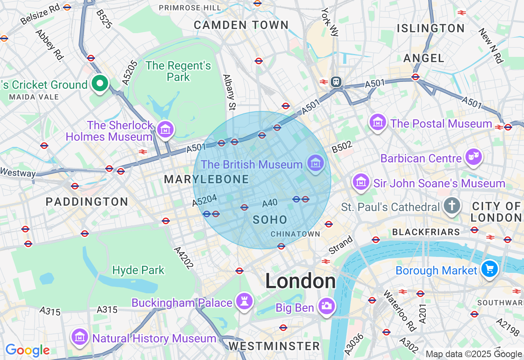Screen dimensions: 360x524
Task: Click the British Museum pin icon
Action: click(316, 164)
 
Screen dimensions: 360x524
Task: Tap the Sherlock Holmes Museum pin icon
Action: click(165, 130)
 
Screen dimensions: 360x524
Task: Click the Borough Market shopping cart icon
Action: click(490, 269)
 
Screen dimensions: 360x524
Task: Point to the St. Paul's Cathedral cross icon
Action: click(452, 206)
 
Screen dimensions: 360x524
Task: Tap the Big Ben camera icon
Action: click(327, 306)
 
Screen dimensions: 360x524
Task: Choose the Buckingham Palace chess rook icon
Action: click(245, 302)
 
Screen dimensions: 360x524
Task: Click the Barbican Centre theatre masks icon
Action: click(474, 157)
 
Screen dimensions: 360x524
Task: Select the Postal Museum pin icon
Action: click(378, 122)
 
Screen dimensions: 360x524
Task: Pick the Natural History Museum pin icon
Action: click(80, 337)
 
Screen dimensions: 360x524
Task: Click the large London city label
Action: click(300, 281)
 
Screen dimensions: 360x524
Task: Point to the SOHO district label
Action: click(270, 220)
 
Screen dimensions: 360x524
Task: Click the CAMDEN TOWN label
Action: click(241, 25)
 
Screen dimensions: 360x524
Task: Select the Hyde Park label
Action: click(138, 270)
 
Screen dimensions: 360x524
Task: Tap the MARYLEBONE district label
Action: click(206, 179)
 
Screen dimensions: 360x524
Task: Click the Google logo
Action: click(27, 350)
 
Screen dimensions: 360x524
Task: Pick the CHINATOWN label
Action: click(295, 234)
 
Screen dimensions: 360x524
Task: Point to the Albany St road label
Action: click(229, 92)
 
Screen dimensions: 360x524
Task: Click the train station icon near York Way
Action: click(336, 81)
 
